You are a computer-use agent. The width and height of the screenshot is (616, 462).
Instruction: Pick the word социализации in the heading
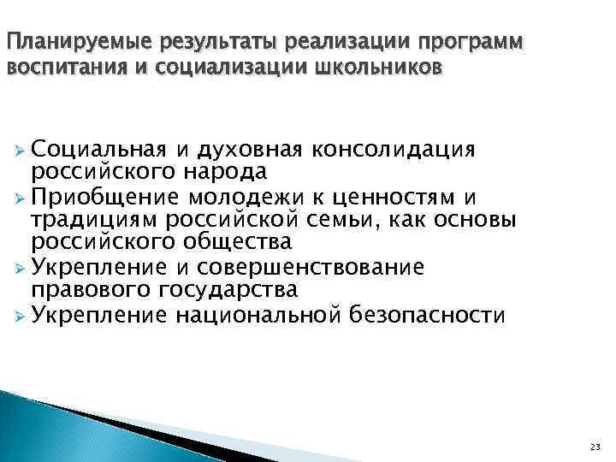(x=222, y=68)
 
